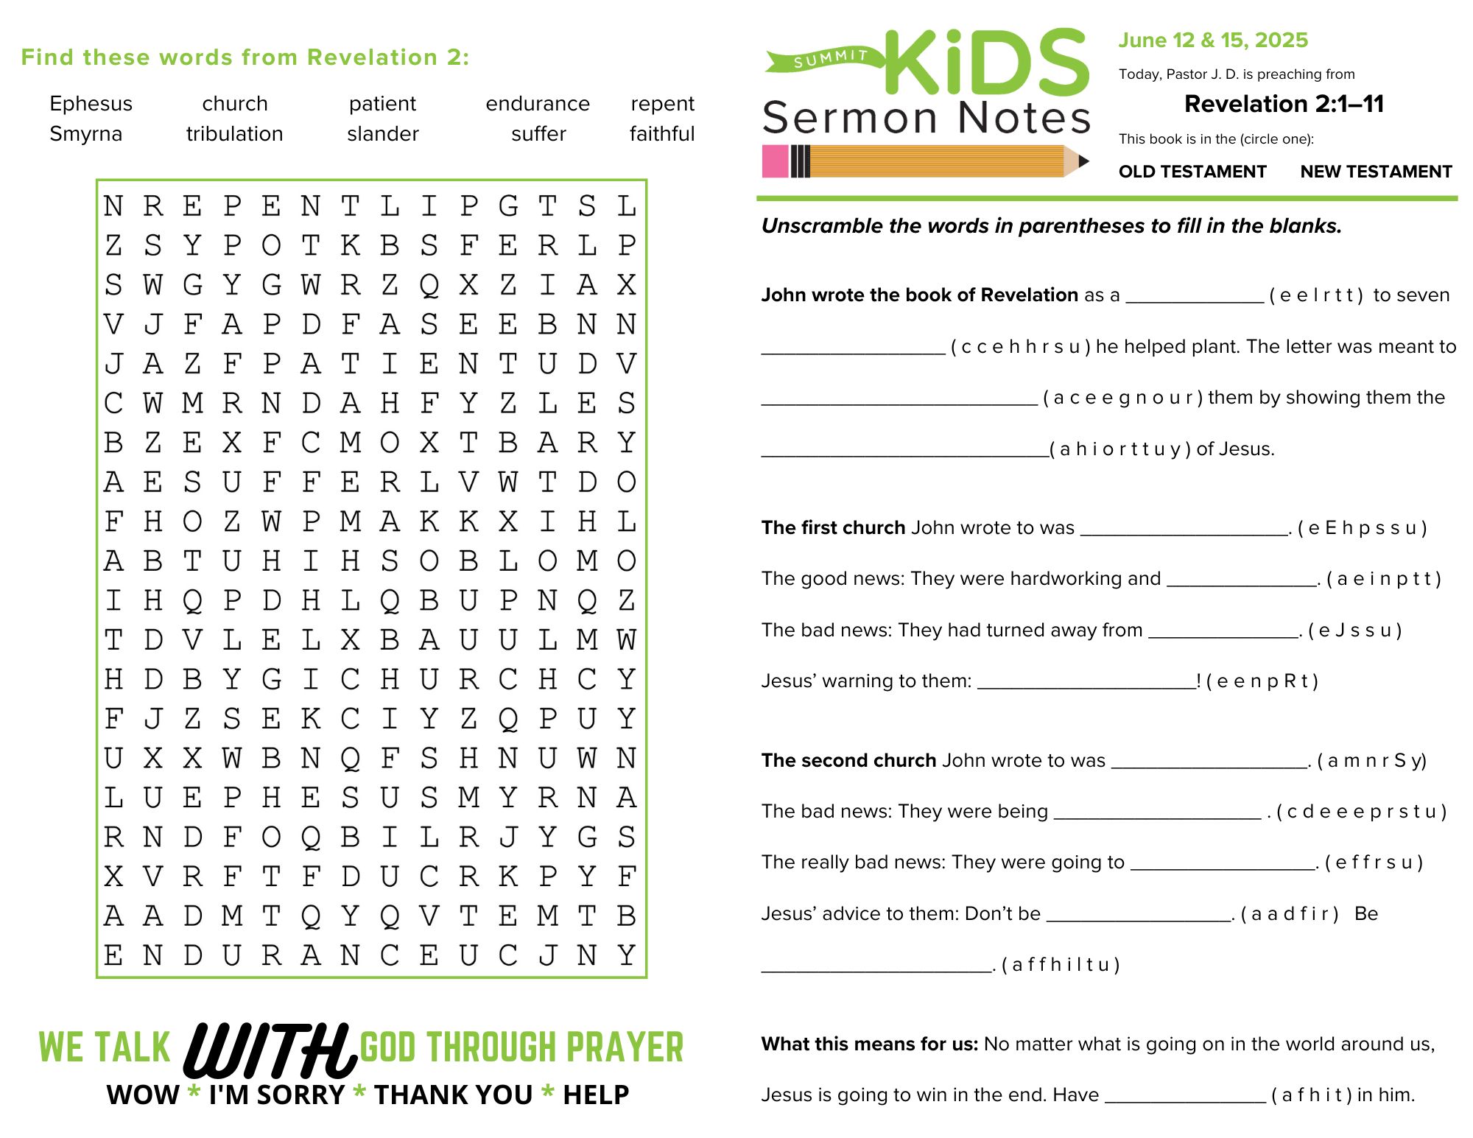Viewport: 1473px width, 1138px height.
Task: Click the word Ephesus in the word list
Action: [91, 104]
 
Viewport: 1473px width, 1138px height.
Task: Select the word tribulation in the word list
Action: [234, 134]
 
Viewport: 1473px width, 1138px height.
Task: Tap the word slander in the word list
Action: [382, 134]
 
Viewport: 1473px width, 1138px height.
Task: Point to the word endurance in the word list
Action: [538, 104]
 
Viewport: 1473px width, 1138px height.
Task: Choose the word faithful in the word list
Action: [662, 134]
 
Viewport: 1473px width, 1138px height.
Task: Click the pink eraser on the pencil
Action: [775, 161]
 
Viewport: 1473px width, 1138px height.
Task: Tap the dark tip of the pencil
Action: [1083, 161]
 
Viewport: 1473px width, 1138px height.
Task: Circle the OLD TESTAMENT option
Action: [1192, 172]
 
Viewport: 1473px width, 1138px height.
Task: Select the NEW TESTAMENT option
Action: [1376, 172]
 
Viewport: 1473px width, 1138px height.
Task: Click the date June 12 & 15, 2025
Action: [1213, 41]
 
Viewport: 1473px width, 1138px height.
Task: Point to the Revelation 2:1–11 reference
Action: [1284, 104]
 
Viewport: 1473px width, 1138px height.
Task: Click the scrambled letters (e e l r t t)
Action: [1316, 295]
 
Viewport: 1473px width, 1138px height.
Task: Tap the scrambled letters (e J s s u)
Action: [1354, 631]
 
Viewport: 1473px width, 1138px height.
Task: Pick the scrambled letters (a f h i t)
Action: [1312, 1095]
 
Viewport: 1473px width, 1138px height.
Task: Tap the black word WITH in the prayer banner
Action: [269, 1050]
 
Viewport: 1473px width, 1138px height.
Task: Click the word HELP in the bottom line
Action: [596, 1095]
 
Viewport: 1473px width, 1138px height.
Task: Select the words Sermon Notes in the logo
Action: [926, 118]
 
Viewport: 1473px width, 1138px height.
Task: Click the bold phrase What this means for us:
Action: [869, 1044]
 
